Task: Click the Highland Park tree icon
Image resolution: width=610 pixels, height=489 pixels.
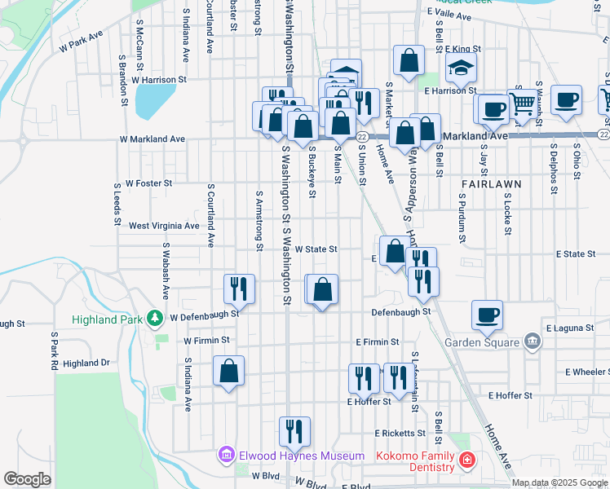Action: click(x=153, y=318)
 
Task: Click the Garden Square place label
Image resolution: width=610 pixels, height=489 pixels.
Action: click(x=482, y=342)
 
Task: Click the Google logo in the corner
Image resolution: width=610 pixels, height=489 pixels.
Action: click(x=27, y=479)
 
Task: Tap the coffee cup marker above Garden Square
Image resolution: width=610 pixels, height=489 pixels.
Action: click(x=487, y=315)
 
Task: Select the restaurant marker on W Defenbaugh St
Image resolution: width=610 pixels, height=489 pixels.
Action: click(x=240, y=289)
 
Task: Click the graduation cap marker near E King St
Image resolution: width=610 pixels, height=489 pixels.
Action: click(x=461, y=68)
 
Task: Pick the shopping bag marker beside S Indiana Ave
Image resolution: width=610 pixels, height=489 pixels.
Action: click(x=228, y=372)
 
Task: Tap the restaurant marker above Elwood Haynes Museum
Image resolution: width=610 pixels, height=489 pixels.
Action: click(x=294, y=431)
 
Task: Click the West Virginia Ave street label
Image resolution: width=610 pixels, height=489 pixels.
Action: click(x=164, y=226)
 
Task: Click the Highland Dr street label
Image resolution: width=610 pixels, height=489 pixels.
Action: click(x=86, y=363)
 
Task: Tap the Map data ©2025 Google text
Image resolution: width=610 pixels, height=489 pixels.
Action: click(x=559, y=482)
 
